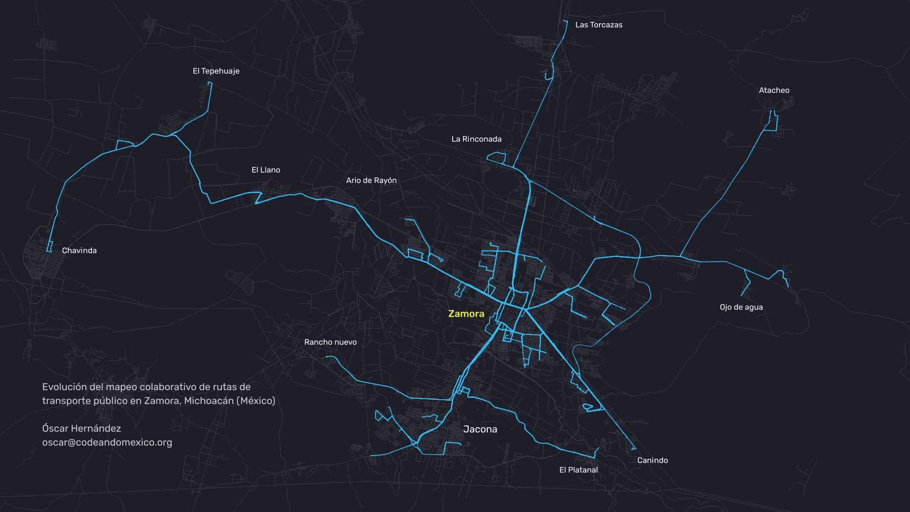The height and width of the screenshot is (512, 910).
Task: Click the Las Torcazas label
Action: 599,25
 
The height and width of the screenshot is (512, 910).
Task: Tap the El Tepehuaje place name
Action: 216,71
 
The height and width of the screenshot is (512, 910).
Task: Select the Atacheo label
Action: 774,90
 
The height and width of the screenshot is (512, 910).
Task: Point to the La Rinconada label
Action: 476,139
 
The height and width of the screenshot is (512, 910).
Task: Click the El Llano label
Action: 265,170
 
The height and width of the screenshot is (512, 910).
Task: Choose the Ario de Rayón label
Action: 371,180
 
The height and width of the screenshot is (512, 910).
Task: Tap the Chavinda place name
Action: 79,250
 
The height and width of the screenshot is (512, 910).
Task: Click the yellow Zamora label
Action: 466,313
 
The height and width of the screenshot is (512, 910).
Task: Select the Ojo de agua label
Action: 741,307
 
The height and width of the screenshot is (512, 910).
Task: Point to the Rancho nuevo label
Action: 330,342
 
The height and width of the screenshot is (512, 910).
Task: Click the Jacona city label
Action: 480,429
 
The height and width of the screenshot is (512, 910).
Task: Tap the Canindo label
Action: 652,460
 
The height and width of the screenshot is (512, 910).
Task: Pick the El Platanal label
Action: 578,470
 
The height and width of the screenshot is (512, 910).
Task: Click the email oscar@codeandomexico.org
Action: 107,442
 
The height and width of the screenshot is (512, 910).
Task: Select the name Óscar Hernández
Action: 82,429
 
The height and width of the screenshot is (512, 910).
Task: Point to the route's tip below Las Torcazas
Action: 565,21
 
